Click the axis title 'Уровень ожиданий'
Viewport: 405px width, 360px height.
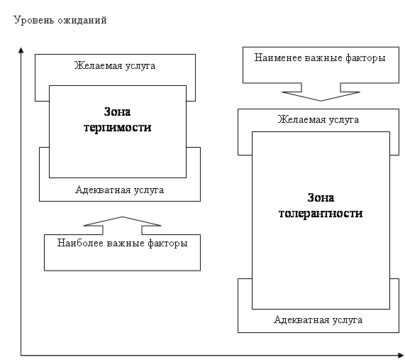click(60, 20)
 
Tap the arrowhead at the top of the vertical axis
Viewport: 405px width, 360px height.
click(21, 50)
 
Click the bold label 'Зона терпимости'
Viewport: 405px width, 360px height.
click(118, 119)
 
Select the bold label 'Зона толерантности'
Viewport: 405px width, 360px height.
click(321, 206)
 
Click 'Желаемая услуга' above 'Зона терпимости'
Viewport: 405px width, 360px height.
click(115, 66)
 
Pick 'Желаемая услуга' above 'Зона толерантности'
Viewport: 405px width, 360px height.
click(318, 119)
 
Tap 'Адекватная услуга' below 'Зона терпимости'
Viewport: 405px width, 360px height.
click(120, 190)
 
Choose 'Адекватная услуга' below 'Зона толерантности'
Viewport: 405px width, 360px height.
click(318, 320)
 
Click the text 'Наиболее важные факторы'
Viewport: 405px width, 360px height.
click(122, 243)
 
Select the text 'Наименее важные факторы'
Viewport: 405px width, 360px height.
click(320, 58)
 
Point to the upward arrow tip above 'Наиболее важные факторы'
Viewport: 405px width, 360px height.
click(122, 217)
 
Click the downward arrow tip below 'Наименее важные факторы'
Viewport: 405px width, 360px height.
click(321, 101)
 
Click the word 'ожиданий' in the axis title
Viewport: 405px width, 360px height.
click(82, 20)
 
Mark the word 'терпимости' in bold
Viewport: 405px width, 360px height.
click(118, 128)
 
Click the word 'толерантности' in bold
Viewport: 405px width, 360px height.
click(321, 214)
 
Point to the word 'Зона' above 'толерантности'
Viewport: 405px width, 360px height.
click(321, 197)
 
